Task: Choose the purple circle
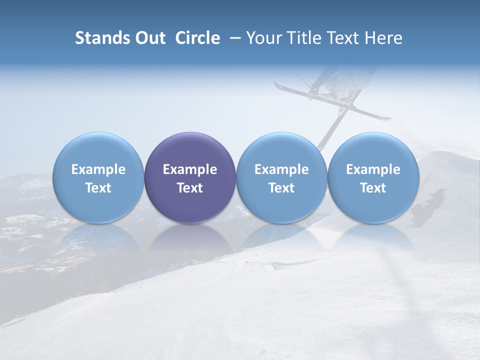pyautogui.click(x=190, y=177)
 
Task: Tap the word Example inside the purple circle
pyautogui.click(x=190, y=169)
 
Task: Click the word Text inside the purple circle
pyautogui.click(x=190, y=188)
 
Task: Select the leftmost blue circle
pyautogui.click(x=98, y=177)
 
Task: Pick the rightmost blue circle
pyautogui.click(x=373, y=177)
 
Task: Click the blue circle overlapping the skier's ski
pyautogui.click(x=281, y=177)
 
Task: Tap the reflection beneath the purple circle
pyautogui.click(x=190, y=237)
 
